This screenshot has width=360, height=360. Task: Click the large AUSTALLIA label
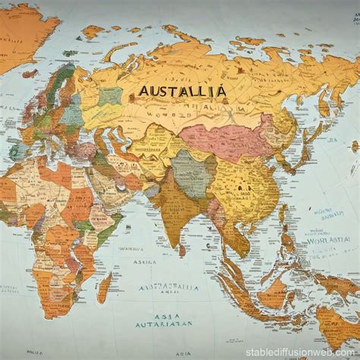tap(182, 91)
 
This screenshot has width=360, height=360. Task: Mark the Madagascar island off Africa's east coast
tap(104, 287)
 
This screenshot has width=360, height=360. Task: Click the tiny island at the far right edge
tap(355, 146)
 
